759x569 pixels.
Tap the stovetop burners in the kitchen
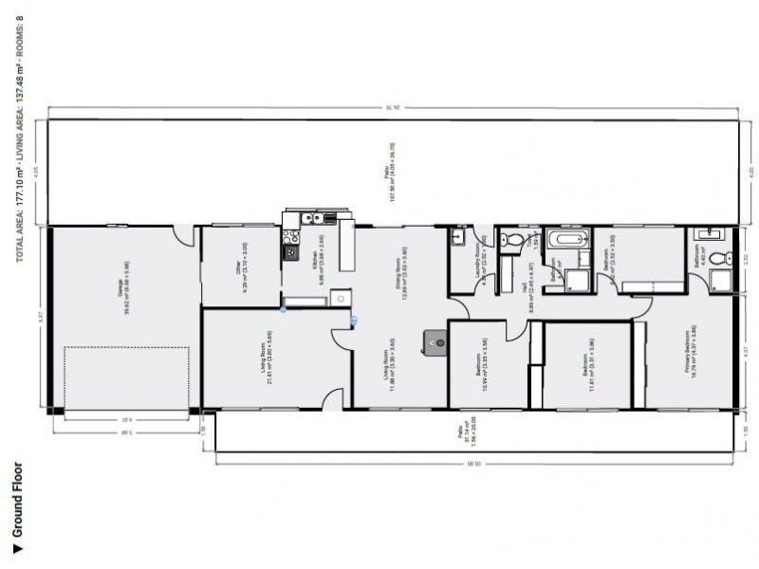[x=287, y=251]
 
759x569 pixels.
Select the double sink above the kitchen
[x=312, y=218]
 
